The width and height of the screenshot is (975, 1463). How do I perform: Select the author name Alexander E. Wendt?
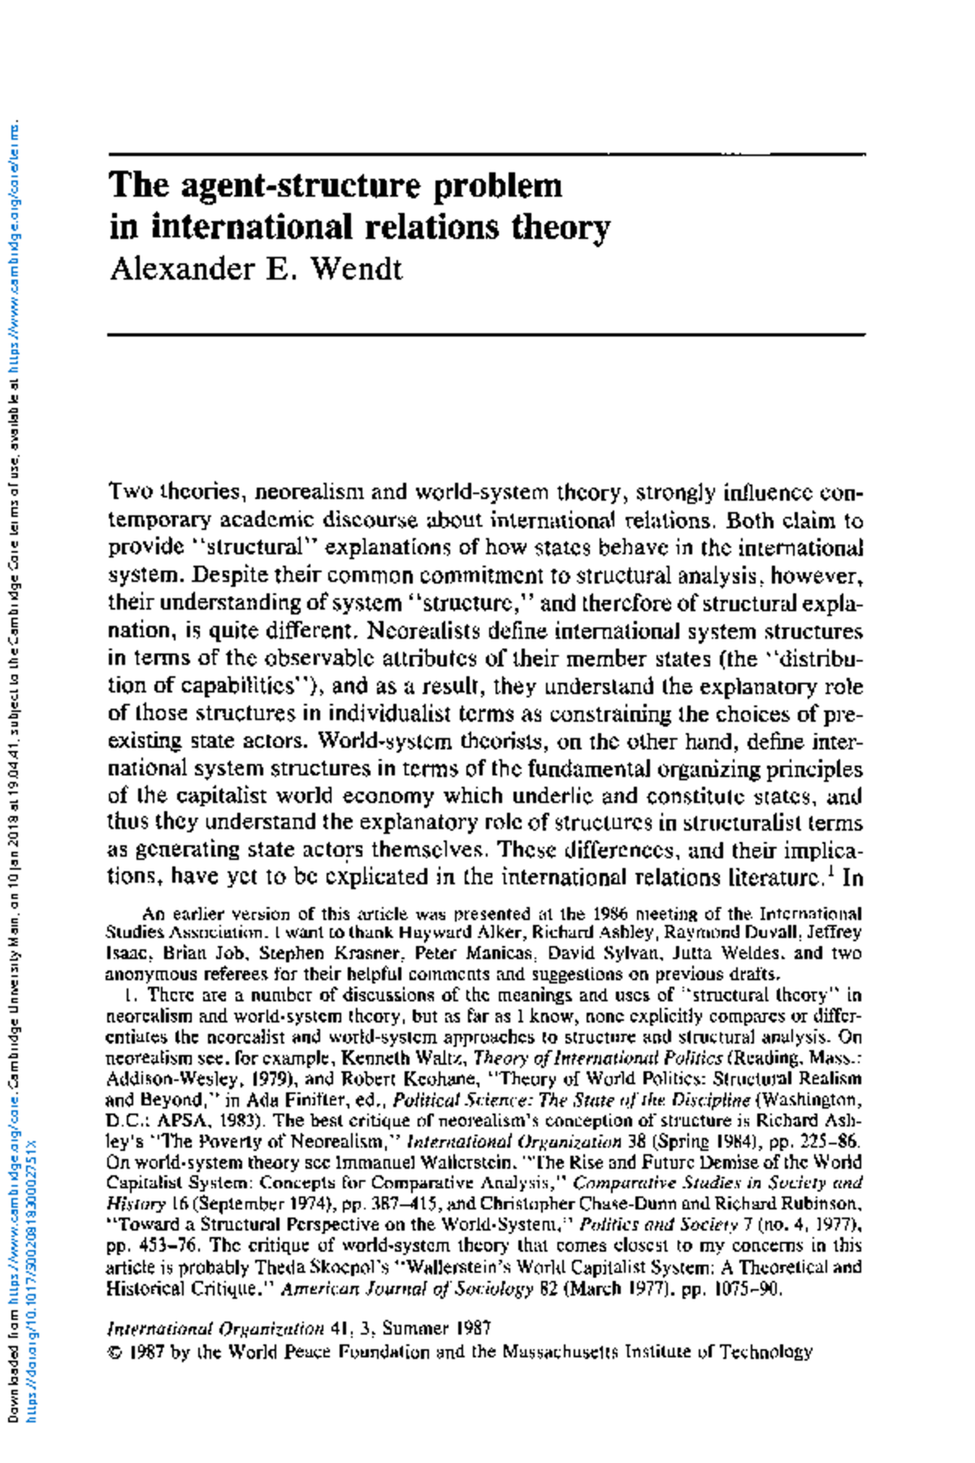[256, 268]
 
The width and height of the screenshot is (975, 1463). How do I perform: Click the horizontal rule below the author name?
[487, 334]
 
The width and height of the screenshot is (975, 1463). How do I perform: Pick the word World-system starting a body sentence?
[383, 740]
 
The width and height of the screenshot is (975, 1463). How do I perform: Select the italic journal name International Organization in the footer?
[215, 1328]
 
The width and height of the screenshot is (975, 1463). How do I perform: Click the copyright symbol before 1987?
[113, 1352]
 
